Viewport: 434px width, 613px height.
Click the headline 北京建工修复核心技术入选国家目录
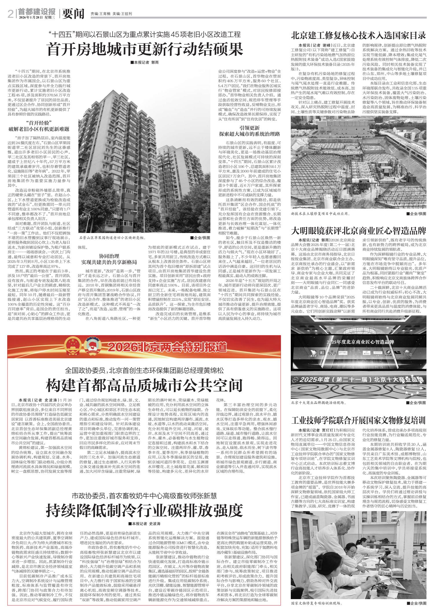point(358,36)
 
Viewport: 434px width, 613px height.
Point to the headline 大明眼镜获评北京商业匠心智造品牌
point(358,231)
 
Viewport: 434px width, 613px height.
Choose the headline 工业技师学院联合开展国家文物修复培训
point(358,420)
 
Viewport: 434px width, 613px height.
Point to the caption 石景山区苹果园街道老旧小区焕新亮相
point(112,238)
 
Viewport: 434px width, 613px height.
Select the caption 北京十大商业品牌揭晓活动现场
point(319,403)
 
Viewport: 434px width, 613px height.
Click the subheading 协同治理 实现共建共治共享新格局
point(109,259)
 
